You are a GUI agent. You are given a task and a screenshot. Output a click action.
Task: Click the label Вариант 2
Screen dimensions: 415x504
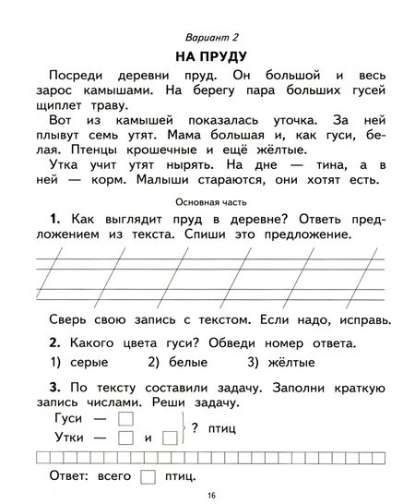(207, 36)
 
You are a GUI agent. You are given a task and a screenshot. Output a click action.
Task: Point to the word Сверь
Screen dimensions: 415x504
(54, 319)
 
